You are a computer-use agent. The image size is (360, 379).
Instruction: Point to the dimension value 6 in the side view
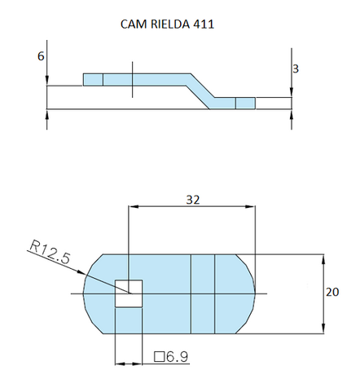pos(41,56)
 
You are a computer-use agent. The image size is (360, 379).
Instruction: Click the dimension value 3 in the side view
pos(295,69)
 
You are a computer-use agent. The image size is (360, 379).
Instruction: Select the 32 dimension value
pos(191,198)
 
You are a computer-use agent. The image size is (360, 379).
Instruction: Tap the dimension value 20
pos(334,291)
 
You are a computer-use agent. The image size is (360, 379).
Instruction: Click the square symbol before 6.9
pos(160,356)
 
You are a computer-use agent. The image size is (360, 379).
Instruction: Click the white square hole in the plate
pos(129,293)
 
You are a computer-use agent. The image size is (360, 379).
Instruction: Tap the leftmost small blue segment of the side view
pos(93,79)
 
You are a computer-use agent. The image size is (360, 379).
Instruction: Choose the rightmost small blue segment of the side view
pos(245,103)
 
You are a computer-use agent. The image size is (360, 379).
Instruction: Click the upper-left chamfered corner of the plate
pos(94,263)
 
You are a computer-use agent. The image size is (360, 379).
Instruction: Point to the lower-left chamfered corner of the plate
pos(94,323)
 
